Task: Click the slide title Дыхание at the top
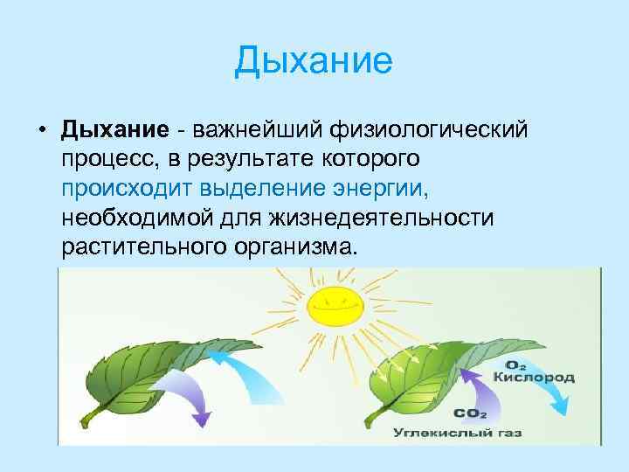tap(314, 61)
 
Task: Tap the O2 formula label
tap(516, 364)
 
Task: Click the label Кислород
tap(534, 377)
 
